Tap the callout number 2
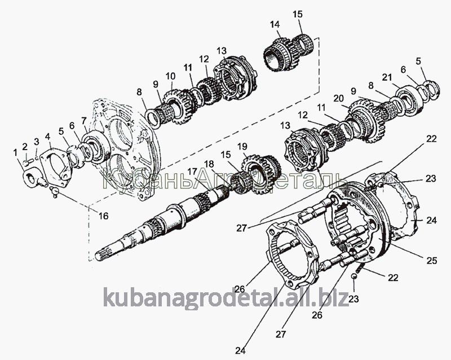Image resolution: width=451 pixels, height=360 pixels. pos(25,147)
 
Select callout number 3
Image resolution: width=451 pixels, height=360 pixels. pos(37,142)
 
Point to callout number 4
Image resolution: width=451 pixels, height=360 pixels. pos(48,136)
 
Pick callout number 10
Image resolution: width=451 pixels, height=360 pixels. pos(170,76)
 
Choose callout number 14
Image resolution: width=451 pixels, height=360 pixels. pos(275,24)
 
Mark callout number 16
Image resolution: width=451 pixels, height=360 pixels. pos(103,216)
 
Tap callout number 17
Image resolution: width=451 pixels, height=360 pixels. pos(192,172)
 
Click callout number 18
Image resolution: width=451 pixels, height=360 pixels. pos(209,163)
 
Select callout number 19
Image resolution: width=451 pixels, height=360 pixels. pos(242,147)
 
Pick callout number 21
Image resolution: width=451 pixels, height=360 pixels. pos(386,77)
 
